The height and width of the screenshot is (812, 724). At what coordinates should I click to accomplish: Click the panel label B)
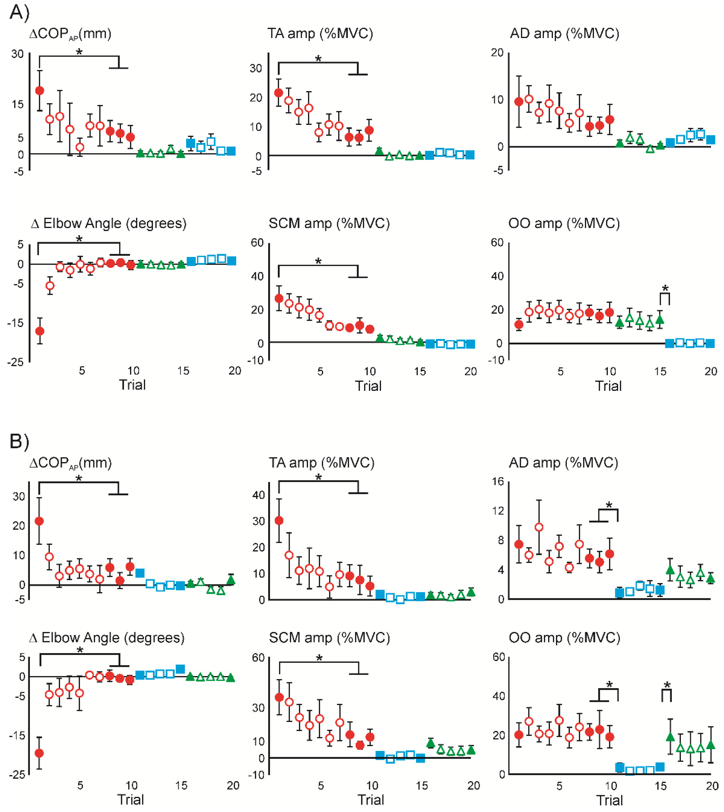coord(19,441)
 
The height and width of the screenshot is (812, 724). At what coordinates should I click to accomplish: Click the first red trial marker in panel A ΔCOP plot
coord(39,91)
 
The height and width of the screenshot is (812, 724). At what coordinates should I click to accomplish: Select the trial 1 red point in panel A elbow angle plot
coord(39,331)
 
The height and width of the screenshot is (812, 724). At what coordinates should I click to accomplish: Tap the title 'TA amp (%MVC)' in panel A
coord(320,33)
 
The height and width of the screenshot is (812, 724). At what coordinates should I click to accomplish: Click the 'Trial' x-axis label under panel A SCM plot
coord(368,386)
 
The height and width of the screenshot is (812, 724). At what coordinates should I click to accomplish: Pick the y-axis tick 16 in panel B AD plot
coord(498,482)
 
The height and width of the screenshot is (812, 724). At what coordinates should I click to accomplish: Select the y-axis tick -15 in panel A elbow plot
coord(16,323)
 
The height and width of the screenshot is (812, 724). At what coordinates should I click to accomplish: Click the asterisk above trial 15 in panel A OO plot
coord(665,288)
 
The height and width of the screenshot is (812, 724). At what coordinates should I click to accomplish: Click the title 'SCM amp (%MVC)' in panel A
coord(329,223)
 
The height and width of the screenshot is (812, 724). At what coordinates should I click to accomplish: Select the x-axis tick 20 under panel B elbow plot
coord(233,785)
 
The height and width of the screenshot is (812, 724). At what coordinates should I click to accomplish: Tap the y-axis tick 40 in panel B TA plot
coord(259,495)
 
